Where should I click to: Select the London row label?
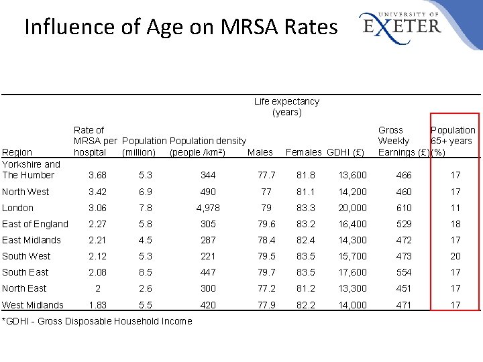click(17, 208)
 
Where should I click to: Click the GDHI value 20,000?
click(353, 208)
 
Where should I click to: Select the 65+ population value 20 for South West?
click(455, 256)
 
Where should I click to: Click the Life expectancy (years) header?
click(286, 107)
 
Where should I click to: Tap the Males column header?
click(260, 152)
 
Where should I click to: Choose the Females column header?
click(304, 152)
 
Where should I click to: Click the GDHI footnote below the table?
click(97, 321)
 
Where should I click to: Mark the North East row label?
click(24, 288)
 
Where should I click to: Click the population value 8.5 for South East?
click(146, 272)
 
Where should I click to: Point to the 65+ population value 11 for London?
click(455, 208)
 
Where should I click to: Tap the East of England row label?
click(35, 224)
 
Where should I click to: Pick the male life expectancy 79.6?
click(267, 224)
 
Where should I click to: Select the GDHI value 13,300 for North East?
click(353, 288)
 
